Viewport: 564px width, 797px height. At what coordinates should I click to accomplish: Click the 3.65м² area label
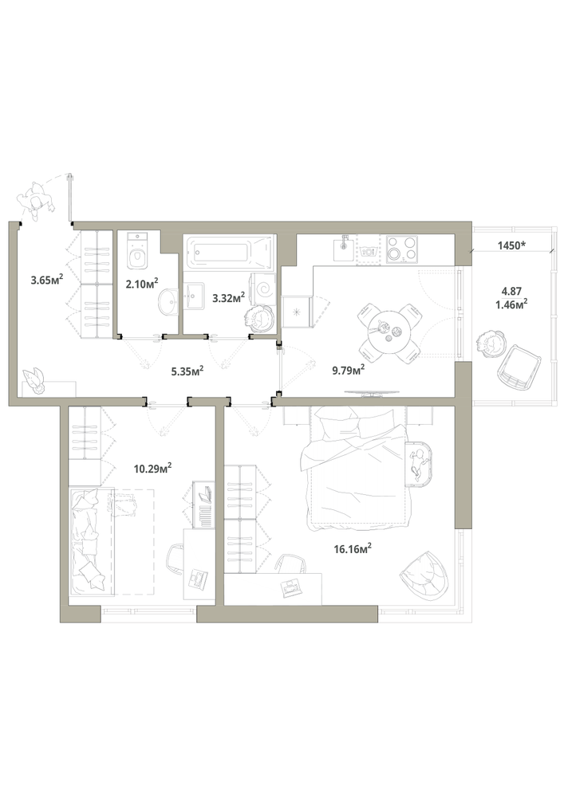[x=47, y=279]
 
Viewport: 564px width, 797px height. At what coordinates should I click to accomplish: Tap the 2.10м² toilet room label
[x=142, y=282]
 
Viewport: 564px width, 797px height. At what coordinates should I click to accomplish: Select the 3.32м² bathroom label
[x=228, y=297]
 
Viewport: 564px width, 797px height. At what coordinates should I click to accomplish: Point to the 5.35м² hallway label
[x=187, y=371]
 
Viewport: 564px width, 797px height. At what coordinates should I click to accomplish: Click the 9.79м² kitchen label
[x=349, y=370]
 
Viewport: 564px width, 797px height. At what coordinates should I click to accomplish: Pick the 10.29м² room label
[x=152, y=468]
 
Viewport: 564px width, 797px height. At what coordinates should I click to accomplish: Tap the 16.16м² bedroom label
[x=353, y=548]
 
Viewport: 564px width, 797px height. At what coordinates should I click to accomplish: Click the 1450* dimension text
[x=511, y=245]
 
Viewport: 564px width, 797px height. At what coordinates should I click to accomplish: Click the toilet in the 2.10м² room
[x=137, y=251]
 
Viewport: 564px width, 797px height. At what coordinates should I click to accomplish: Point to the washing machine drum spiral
[x=265, y=290]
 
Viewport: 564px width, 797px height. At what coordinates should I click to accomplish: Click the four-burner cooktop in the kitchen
[x=401, y=249]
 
